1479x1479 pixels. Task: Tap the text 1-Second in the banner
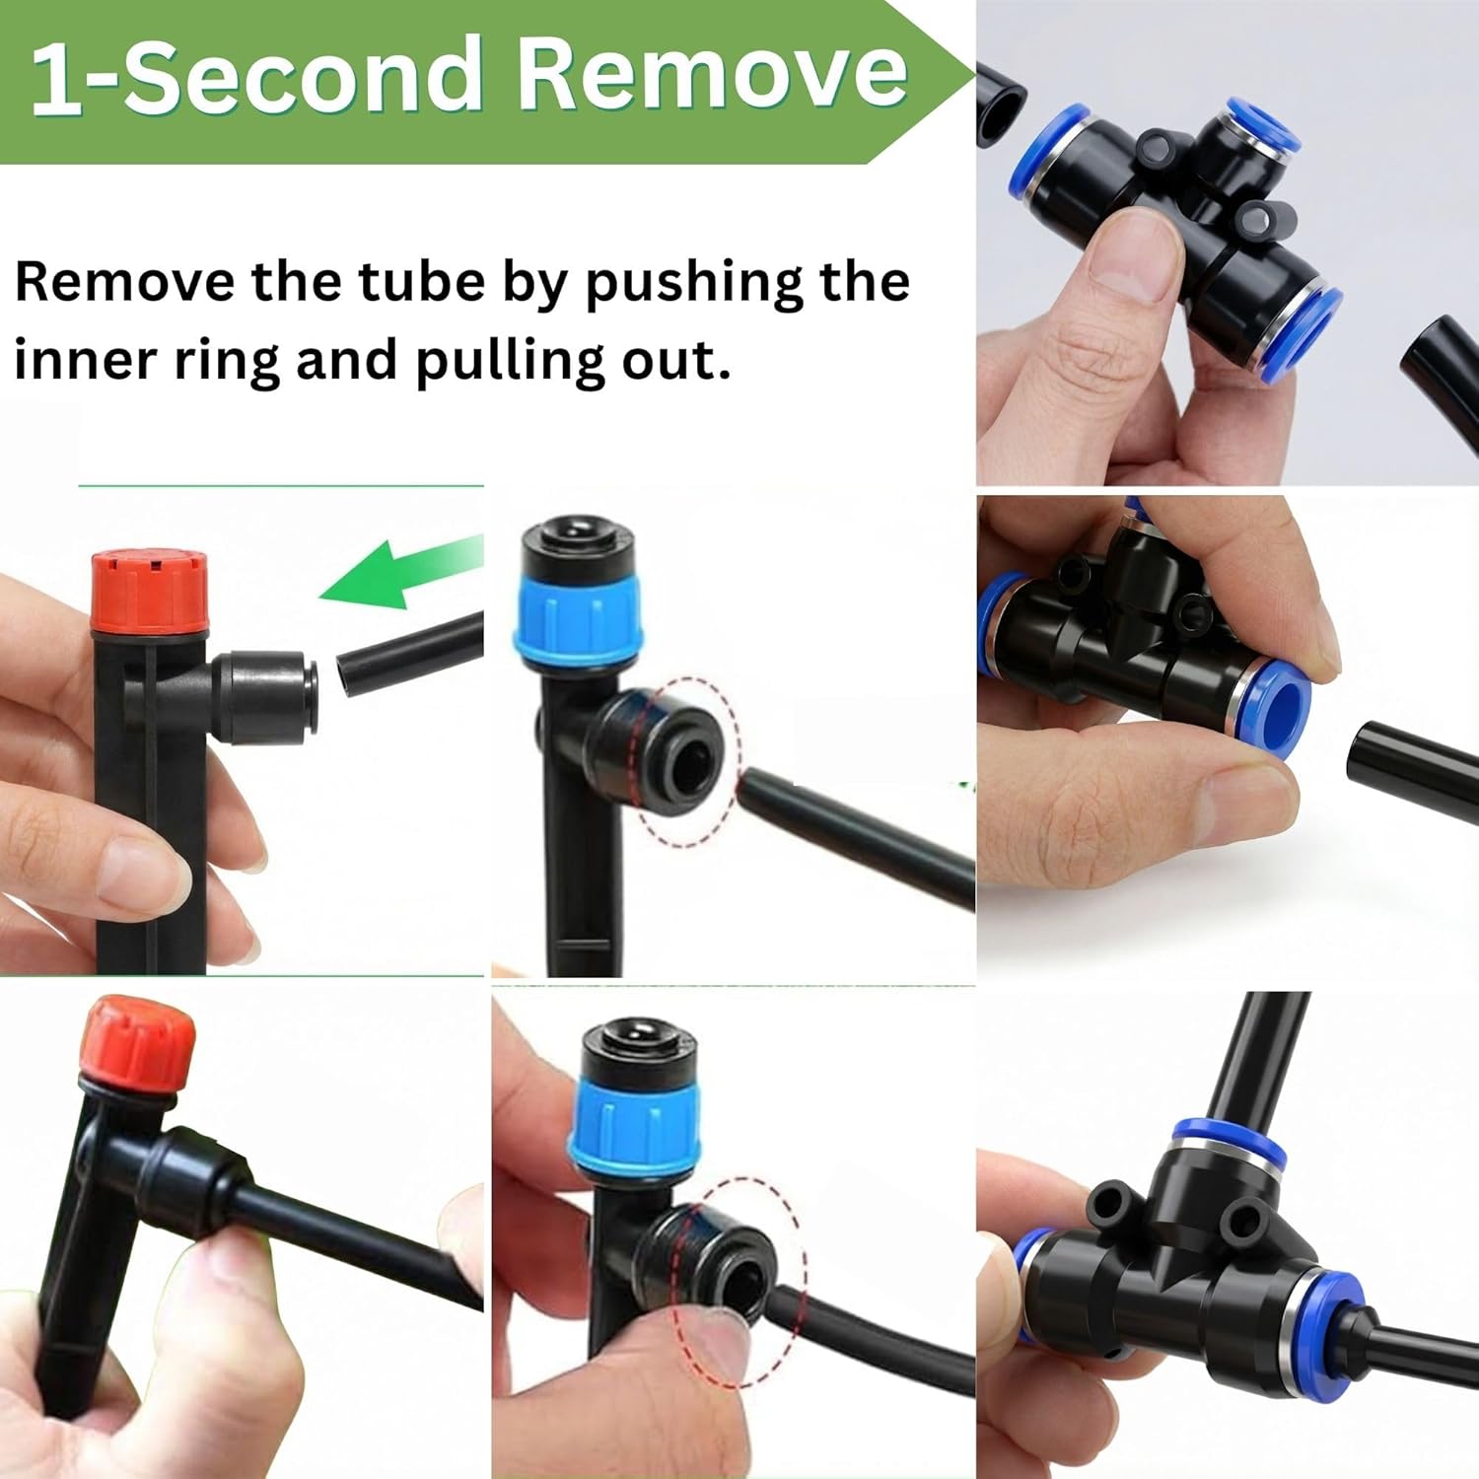pyautogui.click(x=254, y=76)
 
